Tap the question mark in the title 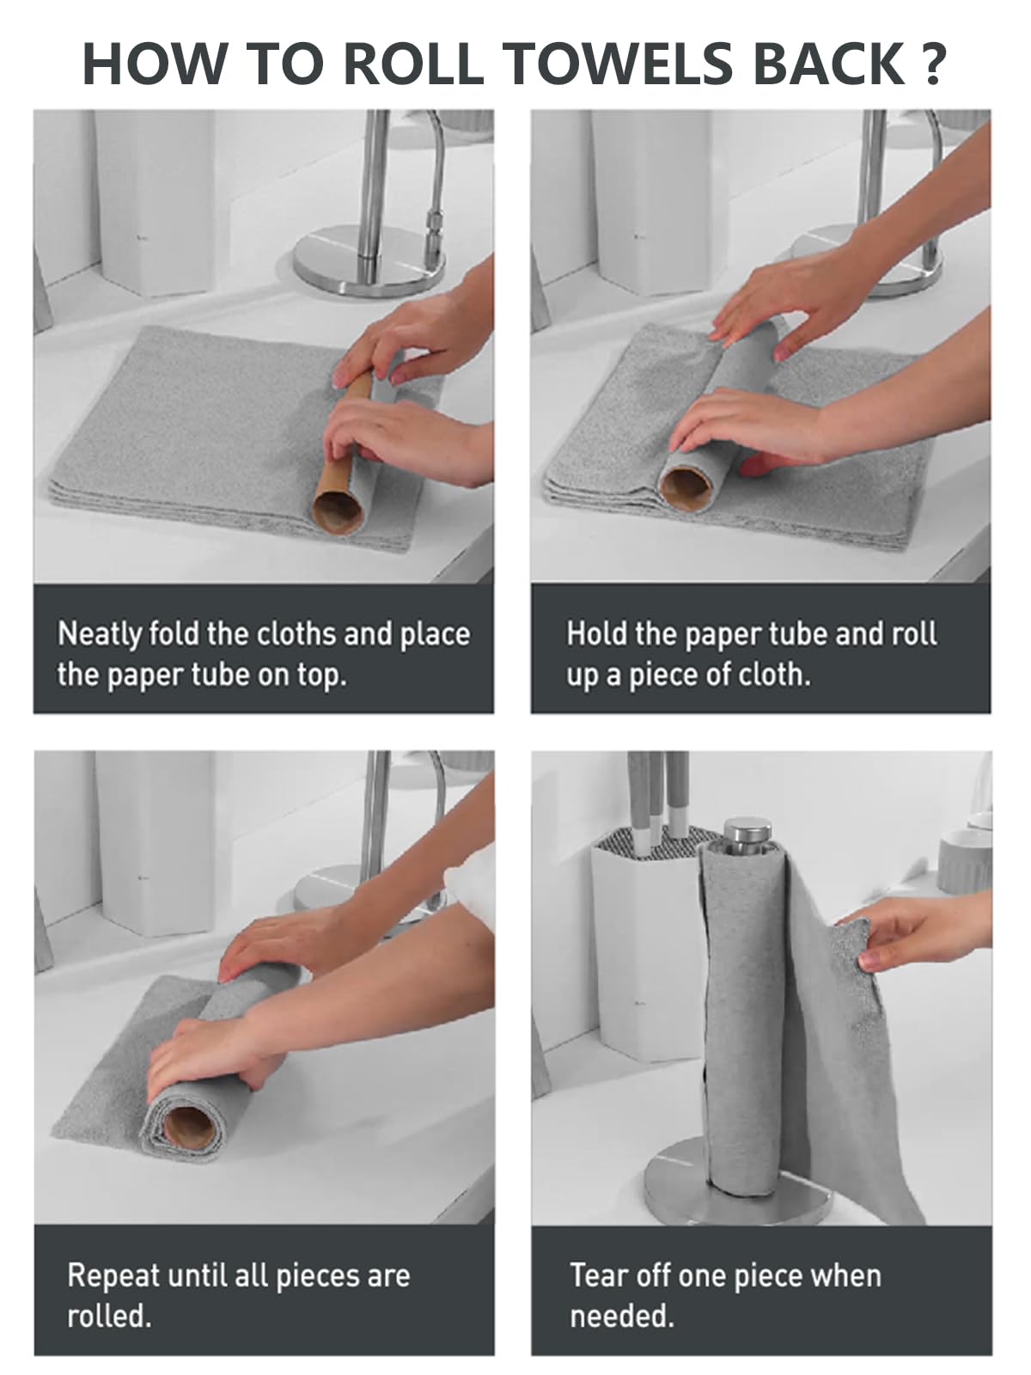click(935, 64)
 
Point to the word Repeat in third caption click(113, 1275)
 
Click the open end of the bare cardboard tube click(338, 514)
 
